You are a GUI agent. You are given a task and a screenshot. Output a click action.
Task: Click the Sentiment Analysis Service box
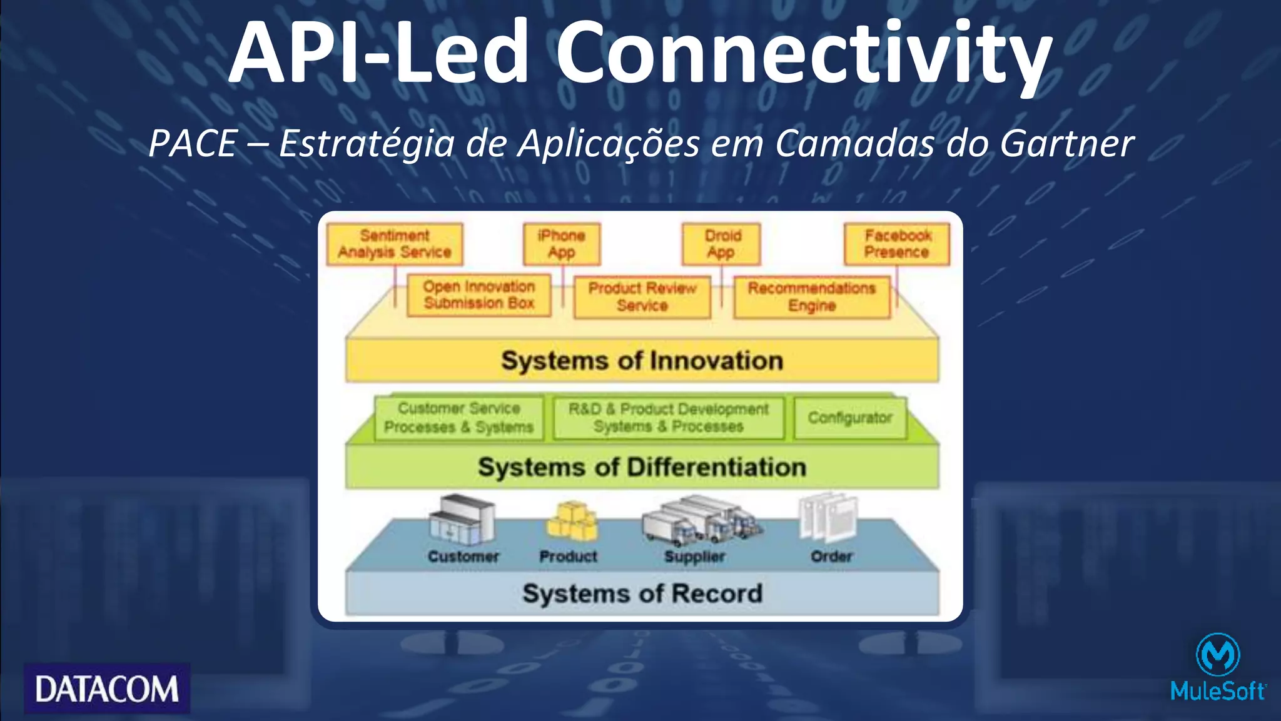click(395, 244)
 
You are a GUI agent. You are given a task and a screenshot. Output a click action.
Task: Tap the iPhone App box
click(562, 244)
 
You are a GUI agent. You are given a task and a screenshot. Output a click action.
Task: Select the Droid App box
click(721, 244)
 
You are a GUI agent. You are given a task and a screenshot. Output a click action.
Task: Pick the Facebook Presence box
click(897, 244)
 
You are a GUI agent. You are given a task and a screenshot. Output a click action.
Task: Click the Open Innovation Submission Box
click(478, 295)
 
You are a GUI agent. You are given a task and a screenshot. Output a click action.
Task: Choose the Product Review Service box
click(642, 297)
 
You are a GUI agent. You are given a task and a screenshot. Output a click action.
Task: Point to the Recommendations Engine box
click(811, 297)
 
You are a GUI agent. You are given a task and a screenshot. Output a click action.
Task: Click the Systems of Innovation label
click(642, 361)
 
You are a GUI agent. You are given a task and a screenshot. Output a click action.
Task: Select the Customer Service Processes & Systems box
click(458, 418)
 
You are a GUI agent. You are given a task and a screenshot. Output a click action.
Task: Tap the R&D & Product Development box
click(668, 418)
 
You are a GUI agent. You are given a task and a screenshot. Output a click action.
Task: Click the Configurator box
click(849, 418)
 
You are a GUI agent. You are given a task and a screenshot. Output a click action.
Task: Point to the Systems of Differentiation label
click(642, 467)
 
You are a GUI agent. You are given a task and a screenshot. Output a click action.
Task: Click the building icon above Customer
click(462, 520)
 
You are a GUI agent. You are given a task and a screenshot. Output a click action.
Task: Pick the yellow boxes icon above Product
click(572, 522)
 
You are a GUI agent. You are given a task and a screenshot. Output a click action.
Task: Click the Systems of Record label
click(642, 593)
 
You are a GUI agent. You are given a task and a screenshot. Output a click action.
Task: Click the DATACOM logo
click(107, 688)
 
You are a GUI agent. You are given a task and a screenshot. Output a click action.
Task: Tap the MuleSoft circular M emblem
click(1217, 655)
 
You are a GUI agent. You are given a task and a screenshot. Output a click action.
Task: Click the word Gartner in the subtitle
click(1066, 143)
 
